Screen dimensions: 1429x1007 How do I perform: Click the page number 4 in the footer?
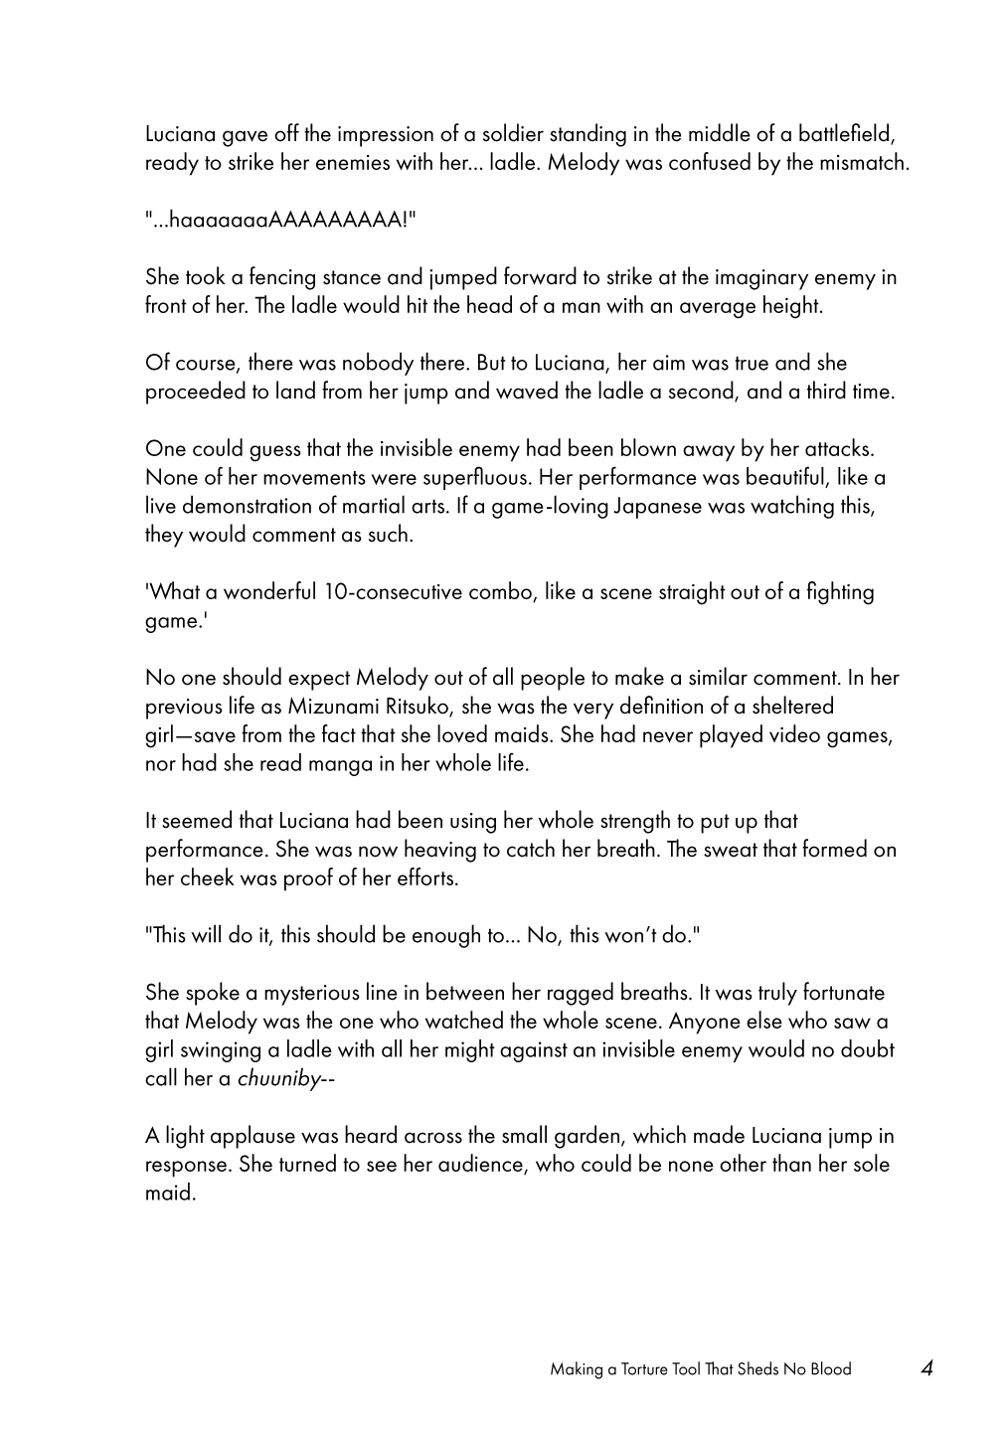pos(926,1368)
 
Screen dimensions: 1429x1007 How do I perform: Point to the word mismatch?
pos(865,163)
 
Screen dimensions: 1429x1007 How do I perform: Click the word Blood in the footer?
pos(829,1369)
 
